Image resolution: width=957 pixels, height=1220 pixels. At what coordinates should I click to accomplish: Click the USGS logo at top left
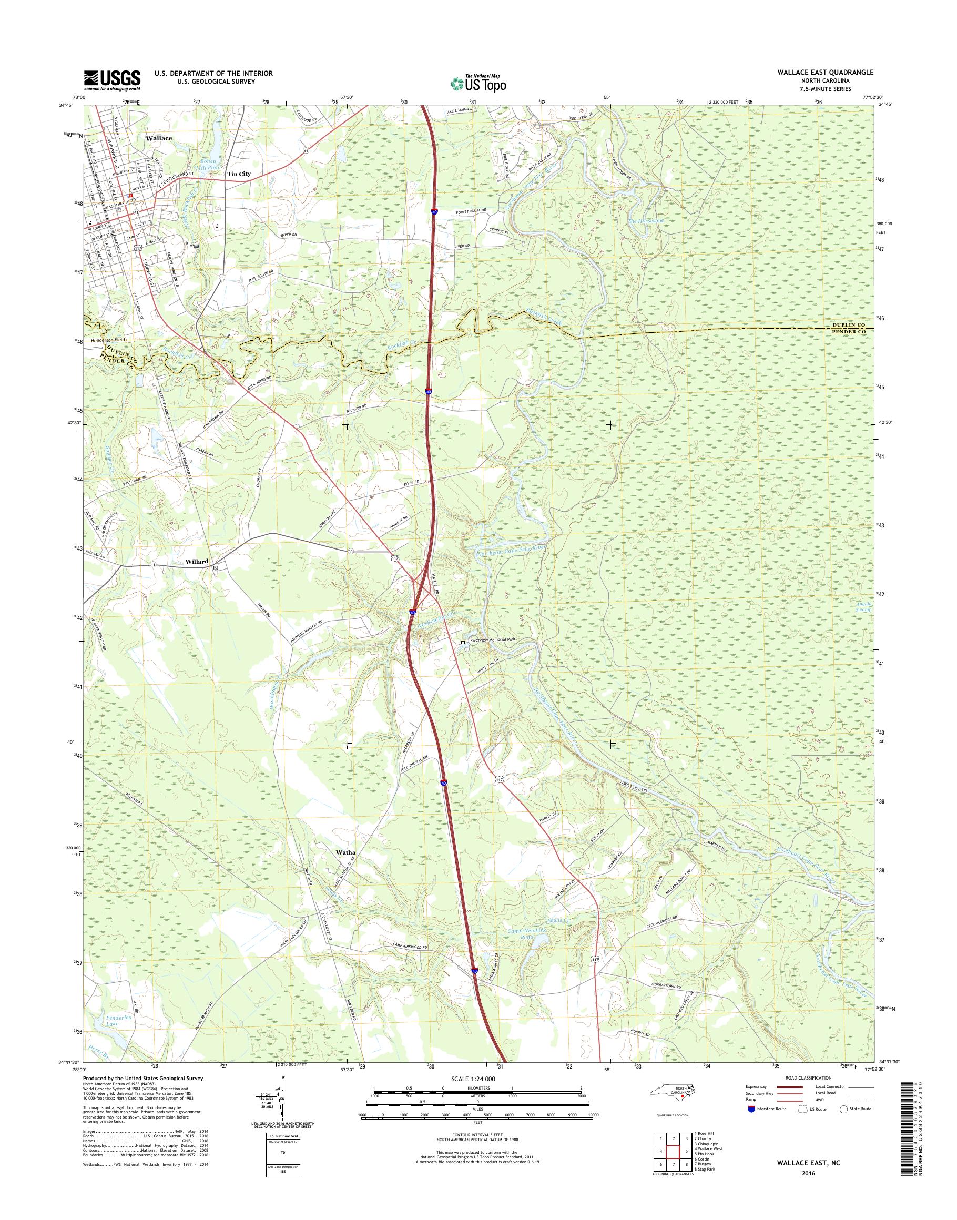click(112, 80)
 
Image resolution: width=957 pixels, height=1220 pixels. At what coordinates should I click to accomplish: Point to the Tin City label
click(239, 174)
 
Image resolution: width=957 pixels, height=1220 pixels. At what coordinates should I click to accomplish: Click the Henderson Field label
click(109, 340)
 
